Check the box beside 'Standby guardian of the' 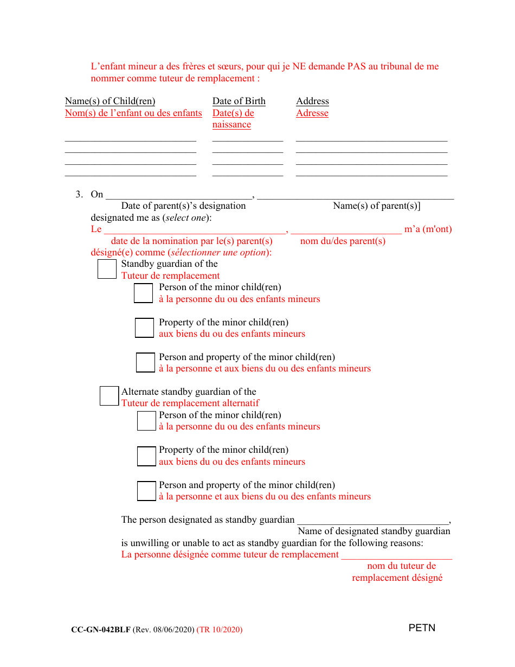click(107, 269)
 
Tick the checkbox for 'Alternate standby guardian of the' click(109, 396)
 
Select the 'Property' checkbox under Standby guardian click(144, 328)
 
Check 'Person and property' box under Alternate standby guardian click(146, 491)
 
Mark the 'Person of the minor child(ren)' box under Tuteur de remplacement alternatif click(146, 421)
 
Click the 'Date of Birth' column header click(239, 101)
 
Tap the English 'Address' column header click(312, 101)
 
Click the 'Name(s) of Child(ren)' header click(110, 101)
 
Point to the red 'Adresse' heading click(312, 113)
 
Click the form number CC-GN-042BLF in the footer click(100, 630)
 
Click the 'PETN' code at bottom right click(422, 628)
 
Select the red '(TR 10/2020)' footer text click(220, 630)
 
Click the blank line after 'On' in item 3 click(179, 195)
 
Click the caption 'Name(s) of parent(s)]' click(376, 206)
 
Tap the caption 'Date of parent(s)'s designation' click(183, 206)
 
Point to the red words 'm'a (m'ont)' click(428, 229)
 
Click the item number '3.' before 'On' click(79, 194)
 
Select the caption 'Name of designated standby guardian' click(374, 531)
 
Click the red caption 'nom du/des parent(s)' click(343, 241)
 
